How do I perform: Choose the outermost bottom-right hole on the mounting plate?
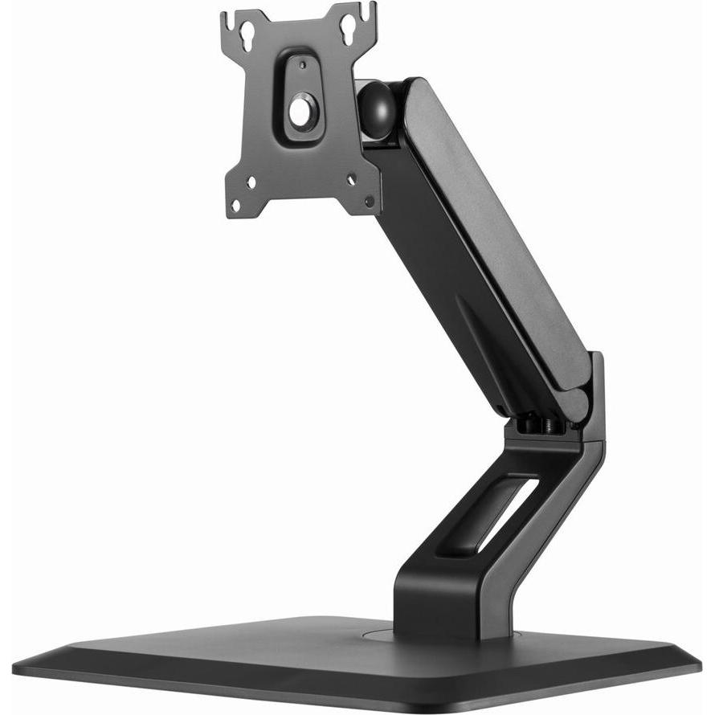point(368,201)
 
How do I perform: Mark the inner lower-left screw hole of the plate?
point(251,183)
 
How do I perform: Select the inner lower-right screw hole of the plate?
point(350,180)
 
